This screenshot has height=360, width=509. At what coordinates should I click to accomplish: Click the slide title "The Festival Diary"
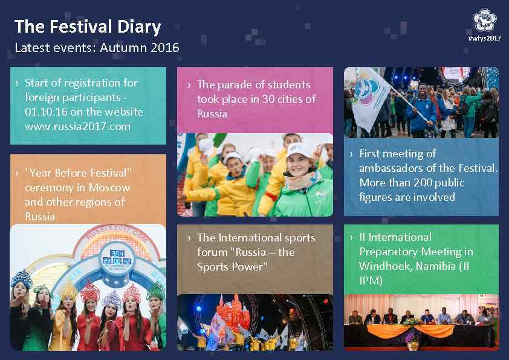coord(88,27)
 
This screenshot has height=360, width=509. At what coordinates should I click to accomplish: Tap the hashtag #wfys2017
coord(485,39)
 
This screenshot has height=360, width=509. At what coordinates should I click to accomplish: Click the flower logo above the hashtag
coord(485,21)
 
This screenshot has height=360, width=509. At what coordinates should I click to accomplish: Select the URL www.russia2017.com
coord(77,126)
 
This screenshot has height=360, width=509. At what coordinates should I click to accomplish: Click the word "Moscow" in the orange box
coord(109,188)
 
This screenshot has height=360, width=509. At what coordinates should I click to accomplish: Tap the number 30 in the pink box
coord(270,99)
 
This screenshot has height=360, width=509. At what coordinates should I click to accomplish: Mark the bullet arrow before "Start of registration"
coord(18,83)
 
